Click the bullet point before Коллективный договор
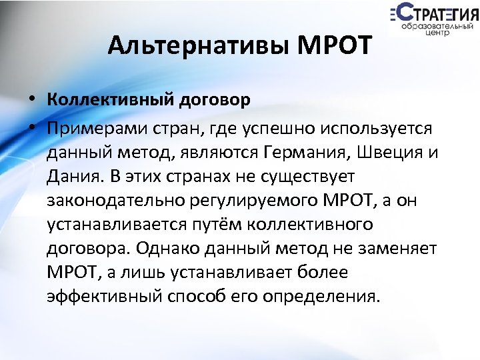point(31,101)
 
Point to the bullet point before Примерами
point(31,127)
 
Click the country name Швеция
point(390,152)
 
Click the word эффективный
point(102,297)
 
